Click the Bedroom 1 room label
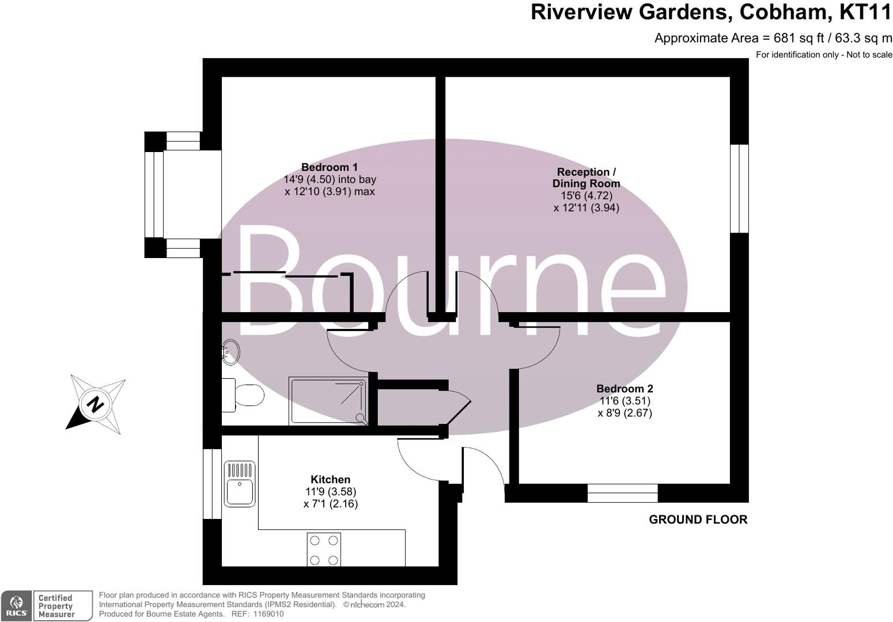click(x=329, y=168)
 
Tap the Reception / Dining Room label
click(x=586, y=177)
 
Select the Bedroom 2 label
click(x=625, y=389)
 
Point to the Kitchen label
click(x=330, y=479)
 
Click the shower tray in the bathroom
click(x=328, y=401)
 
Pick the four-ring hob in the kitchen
click(x=324, y=549)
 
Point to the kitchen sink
click(x=240, y=484)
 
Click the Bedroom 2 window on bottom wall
click(x=622, y=493)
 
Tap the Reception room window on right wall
click(x=739, y=188)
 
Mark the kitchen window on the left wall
click(x=211, y=484)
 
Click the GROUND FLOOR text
click(x=698, y=519)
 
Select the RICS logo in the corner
click(x=16, y=606)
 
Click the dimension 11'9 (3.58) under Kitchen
click(x=331, y=492)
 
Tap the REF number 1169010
click(x=266, y=614)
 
